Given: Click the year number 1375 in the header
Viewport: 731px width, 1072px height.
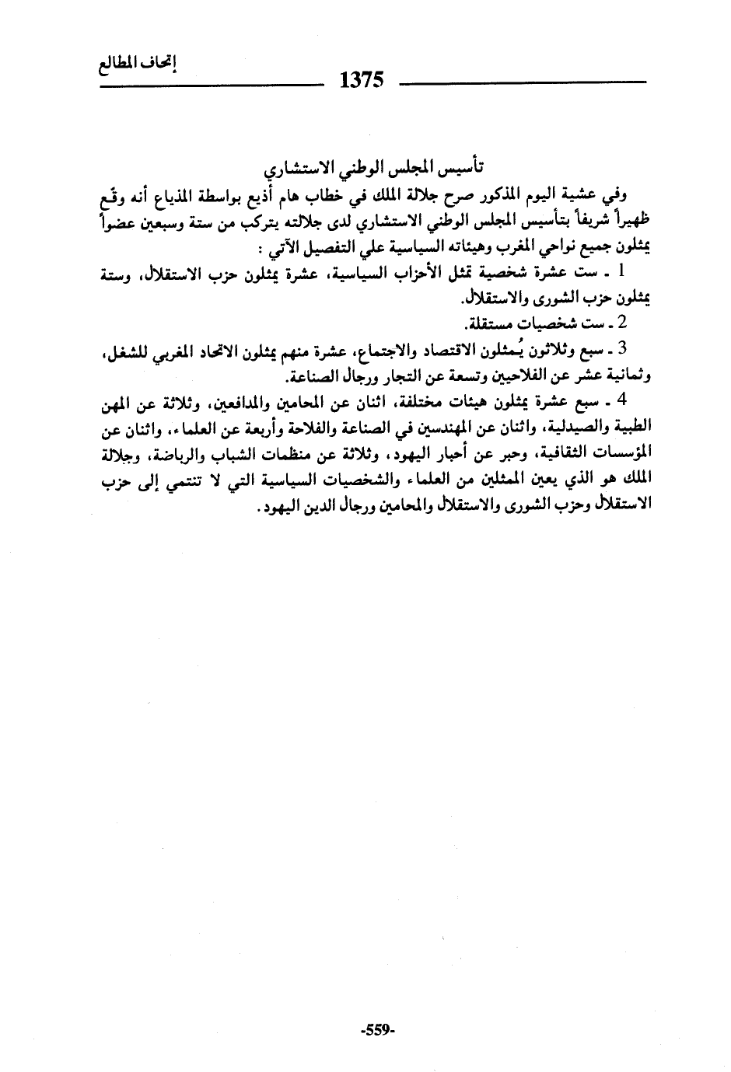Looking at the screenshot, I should click(x=363, y=81).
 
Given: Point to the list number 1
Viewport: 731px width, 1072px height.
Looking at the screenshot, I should click(x=621, y=272).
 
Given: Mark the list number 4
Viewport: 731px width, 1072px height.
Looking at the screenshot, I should click(x=622, y=402).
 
